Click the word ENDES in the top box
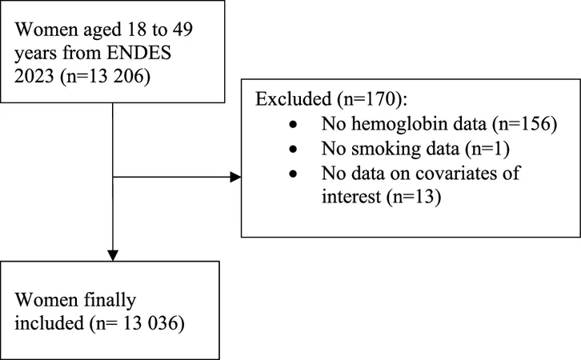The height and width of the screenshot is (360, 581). click(x=138, y=53)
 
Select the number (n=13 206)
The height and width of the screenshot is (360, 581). click(x=105, y=77)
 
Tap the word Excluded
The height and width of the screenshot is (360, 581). click(x=293, y=99)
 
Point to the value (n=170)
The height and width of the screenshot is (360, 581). click(x=371, y=99)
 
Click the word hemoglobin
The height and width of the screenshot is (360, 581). click(x=419, y=124)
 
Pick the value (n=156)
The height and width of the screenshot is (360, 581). click(x=525, y=124)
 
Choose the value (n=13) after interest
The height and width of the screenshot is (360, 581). click(x=414, y=196)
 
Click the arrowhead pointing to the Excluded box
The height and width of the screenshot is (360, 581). click(x=235, y=177)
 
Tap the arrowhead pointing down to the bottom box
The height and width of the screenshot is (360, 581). click(x=113, y=255)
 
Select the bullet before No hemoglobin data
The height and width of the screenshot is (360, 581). click(x=294, y=125)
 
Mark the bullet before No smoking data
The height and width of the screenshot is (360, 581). click(x=294, y=150)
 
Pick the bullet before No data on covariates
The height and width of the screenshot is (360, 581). click(x=294, y=174)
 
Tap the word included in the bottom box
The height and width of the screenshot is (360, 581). click(x=50, y=323)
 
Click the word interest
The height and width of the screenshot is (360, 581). click(x=351, y=196)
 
